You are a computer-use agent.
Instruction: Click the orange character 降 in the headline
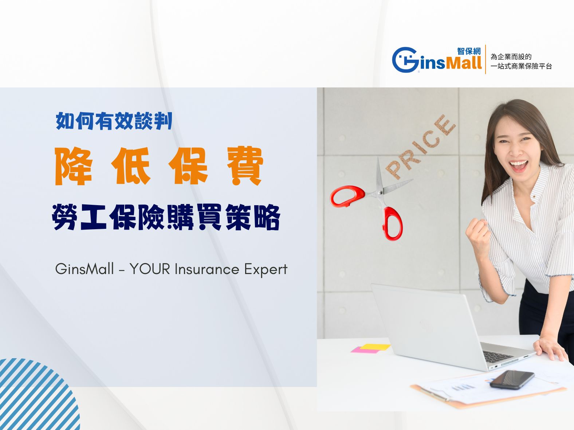click(74, 166)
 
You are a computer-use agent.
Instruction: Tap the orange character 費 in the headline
click(245, 166)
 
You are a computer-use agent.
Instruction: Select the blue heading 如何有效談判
click(114, 121)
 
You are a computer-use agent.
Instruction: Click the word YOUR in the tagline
click(150, 269)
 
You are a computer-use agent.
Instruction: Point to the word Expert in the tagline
click(266, 270)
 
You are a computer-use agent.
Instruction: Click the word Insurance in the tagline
click(207, 269)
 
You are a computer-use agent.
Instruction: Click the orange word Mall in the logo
click(464, 63)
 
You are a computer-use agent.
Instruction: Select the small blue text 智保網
click(469, 51)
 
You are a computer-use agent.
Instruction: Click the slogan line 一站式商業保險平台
click(521, 66)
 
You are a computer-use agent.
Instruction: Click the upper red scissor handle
click(347, 196)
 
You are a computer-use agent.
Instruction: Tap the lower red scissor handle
click(393, 224)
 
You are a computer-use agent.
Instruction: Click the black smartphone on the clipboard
click(512, 379)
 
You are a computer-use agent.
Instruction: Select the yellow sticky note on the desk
click(375, 347)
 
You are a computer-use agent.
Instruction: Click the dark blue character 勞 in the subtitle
click(65, 217)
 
